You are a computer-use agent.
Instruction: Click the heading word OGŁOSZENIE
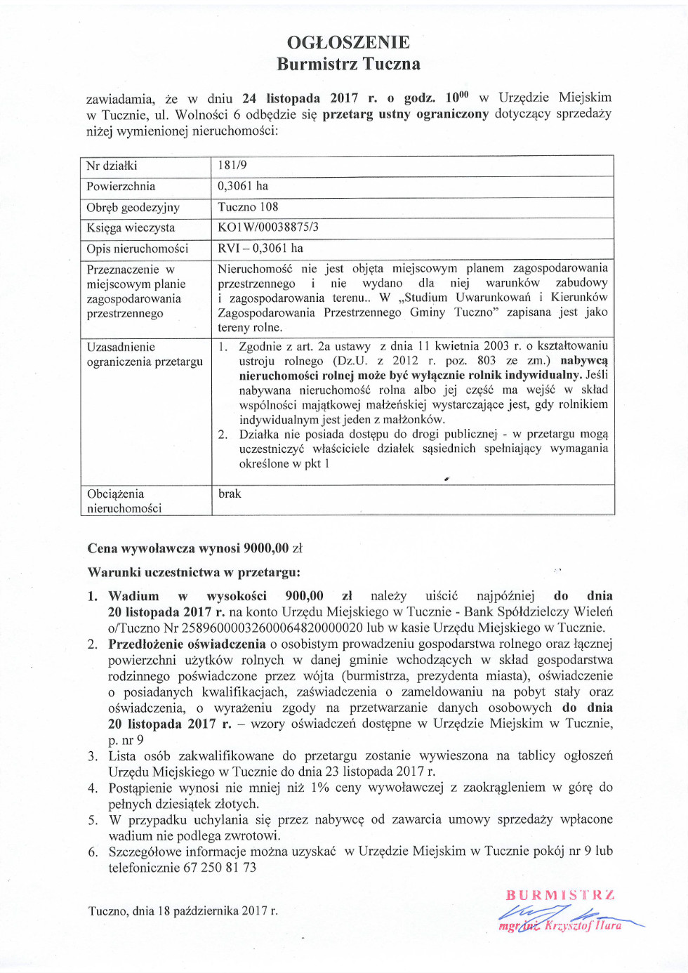point(348,42)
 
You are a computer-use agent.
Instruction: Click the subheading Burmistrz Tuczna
point(348,64)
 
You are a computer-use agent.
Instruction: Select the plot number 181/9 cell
point(232,166)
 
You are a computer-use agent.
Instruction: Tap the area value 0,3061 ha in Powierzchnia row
point(243,186)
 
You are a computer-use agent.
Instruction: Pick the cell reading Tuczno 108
point(248,207)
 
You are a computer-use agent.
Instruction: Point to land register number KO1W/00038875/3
point(268,227)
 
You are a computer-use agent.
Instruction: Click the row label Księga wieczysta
point(131,228)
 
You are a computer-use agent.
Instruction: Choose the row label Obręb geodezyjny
point(133,208)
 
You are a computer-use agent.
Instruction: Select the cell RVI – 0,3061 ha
point(260,249)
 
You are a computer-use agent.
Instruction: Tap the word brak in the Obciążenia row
point(230,494)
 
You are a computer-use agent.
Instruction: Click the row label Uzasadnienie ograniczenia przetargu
point(145,355)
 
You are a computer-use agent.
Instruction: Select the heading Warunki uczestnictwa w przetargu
point(194,572)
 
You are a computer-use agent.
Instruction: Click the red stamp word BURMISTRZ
point(560,895)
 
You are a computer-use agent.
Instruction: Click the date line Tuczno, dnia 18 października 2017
point(183,911)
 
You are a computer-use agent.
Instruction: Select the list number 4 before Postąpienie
point(92,788)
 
